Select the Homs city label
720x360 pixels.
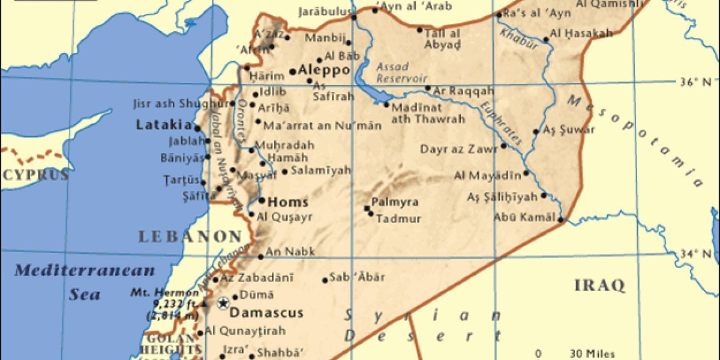pyautogui.click(x=288, y=202)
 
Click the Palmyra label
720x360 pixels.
pyautogui.click(x=395, y=202)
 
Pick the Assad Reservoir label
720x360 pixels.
pyautogui.click(x=401, y=73)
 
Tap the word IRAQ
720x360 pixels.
pyautogui.click(x=599, y=285)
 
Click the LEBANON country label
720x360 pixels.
pyautogui.click(x=190, y=236)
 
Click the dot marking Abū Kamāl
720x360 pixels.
pyautogui.click(x=560, y=220)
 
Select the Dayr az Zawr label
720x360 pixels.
pyautogui.click(x=458, y=149)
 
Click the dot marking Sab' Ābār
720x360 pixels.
pyautogui.click(x=325, y=280)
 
